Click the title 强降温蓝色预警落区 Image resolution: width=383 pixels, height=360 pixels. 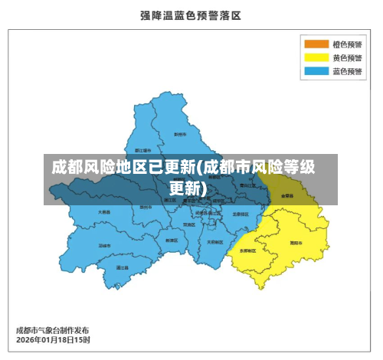click(191, 15)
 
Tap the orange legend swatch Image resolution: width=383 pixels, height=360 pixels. click(316, 44)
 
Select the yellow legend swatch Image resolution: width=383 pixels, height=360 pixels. click(316, 57)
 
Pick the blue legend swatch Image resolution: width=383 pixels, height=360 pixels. click(316, 71)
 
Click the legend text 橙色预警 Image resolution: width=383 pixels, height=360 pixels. click(347, 44)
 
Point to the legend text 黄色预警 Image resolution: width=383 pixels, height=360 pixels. click(347, 57)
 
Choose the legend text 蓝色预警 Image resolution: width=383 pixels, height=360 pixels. click(347, 71)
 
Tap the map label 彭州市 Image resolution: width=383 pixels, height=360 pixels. click(180, 134)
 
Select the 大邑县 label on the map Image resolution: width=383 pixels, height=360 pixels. click(104, 211)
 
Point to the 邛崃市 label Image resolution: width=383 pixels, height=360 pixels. click(104, 245)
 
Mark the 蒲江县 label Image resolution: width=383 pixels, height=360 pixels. click(122, 267)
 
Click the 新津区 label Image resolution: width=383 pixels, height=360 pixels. click(172, 240)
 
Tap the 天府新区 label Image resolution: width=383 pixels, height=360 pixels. click(214, 241)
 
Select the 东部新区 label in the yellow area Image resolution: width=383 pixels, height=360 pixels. click(248, 250)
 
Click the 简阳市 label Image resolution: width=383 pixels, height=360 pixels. click(295, 242)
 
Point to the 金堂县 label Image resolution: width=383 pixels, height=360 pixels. click(287, 195)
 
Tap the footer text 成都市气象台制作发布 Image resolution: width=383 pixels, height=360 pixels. click(52, 330)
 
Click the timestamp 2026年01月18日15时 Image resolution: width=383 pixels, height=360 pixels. click(53, 339)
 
